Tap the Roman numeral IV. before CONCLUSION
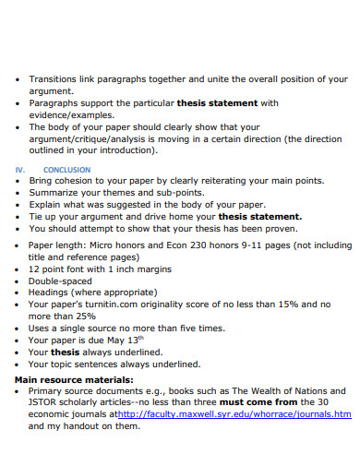pyautogui.click(x=19, y=170)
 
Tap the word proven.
pyautogui.click(x=279, y=227)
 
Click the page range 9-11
pyautogui.click(x=255, y=245)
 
